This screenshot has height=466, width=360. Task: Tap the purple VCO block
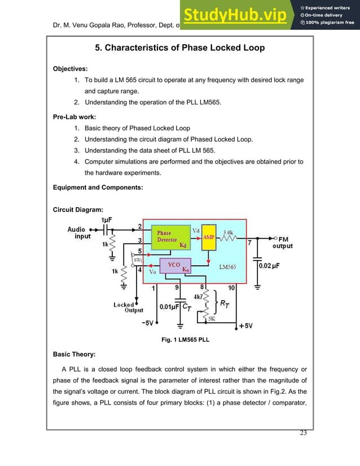point(175,266)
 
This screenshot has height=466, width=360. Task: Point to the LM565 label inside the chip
point(227,267)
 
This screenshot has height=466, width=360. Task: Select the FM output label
point(282,243)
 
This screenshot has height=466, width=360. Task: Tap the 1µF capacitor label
point(109,219)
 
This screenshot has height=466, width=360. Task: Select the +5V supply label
point(246,326)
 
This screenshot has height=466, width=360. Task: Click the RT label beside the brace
point(224,305)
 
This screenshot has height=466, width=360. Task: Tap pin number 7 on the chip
point(250,243)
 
